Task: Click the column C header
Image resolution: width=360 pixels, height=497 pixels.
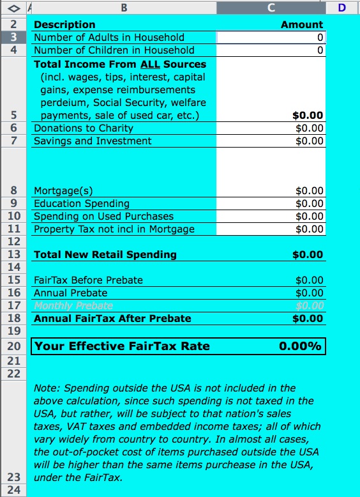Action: point(271,8)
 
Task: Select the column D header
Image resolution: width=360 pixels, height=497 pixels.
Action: point(342,8)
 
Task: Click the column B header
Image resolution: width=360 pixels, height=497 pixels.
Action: point(124,8)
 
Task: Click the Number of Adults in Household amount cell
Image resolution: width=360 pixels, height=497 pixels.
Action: point(271,38)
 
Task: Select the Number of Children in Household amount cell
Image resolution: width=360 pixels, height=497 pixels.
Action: point(271,50)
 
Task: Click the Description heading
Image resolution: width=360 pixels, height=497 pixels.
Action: point(64,25)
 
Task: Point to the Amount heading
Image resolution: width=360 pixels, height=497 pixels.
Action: point(302,25)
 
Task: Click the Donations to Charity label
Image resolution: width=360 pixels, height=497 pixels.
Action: point(83,128)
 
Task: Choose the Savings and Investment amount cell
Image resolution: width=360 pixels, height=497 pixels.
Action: point(310,141)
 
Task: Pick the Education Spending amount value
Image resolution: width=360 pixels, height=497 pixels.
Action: point(310,204)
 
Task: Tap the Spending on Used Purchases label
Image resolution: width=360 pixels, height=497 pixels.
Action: point(103,217)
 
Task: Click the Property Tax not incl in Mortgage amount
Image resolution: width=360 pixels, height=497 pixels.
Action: point(310,229)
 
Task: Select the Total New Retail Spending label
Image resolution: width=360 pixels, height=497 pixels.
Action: point(105,254)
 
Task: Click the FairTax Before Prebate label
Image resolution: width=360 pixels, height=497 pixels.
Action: point(88,280)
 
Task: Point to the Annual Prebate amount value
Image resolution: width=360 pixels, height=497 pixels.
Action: point(310,293)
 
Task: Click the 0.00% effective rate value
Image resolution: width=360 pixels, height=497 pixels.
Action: point(300,346)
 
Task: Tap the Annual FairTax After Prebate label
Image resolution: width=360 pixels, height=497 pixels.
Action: point(112,318)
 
